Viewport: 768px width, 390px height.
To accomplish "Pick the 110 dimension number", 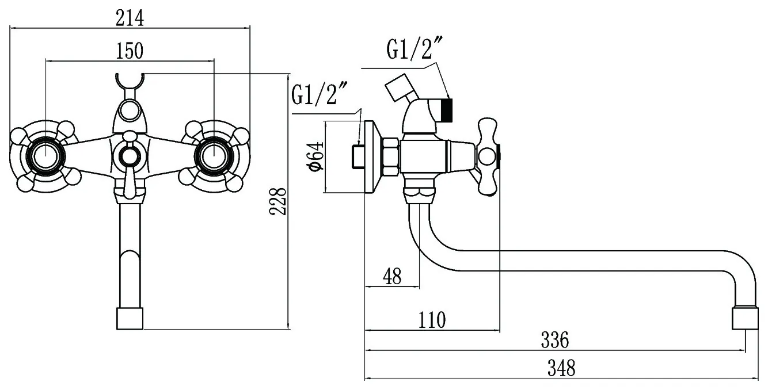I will [432, 319].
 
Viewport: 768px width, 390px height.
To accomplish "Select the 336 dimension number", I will [554, 340].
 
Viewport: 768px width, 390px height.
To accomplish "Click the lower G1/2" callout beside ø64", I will [321, 94].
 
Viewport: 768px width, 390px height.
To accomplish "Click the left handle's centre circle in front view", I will [44, 155].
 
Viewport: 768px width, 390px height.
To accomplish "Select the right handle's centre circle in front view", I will [214, 155].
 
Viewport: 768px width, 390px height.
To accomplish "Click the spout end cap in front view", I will [129, 318].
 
